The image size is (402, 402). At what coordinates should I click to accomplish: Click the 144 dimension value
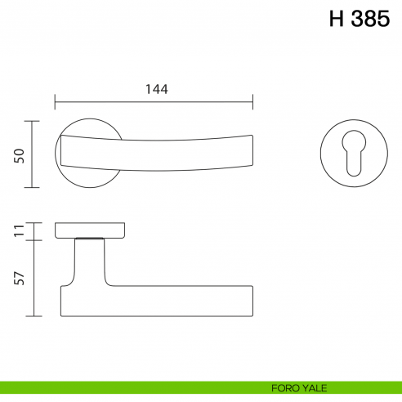click(x=154, y=89)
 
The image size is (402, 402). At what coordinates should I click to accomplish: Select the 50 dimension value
click(x=18, y=154)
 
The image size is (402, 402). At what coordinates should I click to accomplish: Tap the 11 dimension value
click(x=18, y=230)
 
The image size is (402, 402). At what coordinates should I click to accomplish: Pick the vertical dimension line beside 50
click(x=33, y=154)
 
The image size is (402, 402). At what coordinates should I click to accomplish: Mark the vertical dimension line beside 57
click(x=33, y=279)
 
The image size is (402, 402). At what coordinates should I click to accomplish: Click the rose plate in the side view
click(x=90, y=230)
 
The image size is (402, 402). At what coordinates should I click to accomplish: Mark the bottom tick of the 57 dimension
click(x=33, y=316)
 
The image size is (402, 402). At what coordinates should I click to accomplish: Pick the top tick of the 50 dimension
click(x=33, y=121)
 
